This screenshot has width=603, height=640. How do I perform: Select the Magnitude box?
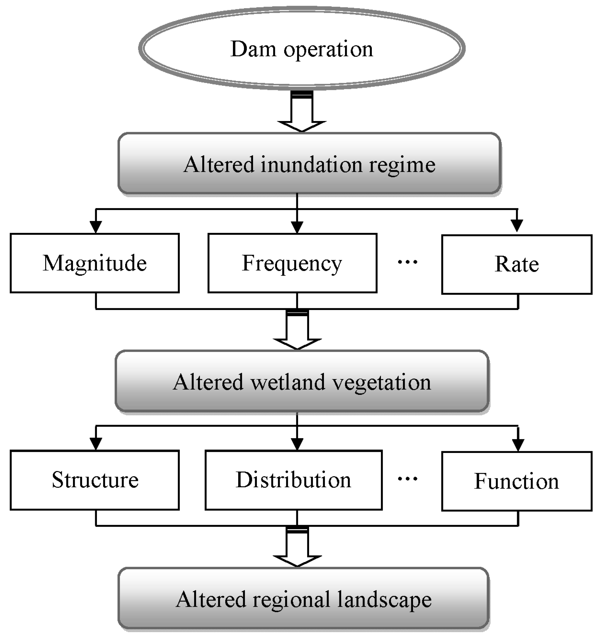click(95, 263)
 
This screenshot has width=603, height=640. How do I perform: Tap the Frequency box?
click(292, 263)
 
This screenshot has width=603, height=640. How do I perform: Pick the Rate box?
click(517, 264)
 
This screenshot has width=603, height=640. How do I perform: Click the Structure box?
click(95, 480)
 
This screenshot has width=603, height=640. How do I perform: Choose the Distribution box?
click(293, 480)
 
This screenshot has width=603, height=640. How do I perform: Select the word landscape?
click(385, 599)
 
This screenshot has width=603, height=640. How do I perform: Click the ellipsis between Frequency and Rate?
click(407, 262)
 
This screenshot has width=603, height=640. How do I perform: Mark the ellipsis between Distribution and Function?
click(407, 479)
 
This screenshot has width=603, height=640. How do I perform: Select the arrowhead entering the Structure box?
click(96, 444)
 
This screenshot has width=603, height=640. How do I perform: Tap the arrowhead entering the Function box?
click(518, 444)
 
